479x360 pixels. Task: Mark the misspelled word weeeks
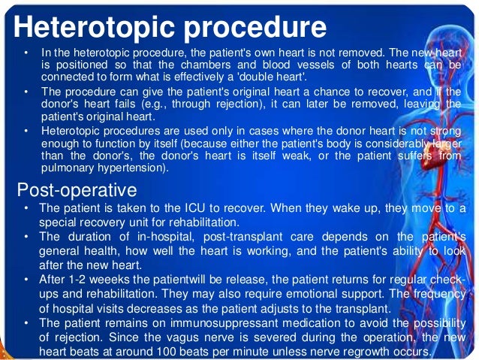pyautogui.click(x=110, y=280)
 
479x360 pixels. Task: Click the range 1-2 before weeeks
pyautogui.click(x=79, y=280)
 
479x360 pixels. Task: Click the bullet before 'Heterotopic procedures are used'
pyautogui.click(x=27, y=132)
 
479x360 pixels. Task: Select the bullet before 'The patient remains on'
pyautogui.click(x=27, y=323)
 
